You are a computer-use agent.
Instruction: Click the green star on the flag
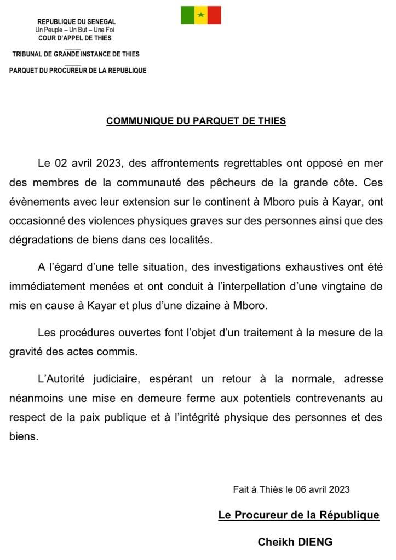[201, 15]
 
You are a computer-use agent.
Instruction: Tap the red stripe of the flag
[214, 15]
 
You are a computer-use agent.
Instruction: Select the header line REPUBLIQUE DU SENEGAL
[77, 22]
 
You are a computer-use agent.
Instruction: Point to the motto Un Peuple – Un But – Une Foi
[75, 30]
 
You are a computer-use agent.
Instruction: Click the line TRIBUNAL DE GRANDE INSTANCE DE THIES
[76, 54]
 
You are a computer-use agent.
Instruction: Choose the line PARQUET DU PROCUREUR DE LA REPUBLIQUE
[78, 71]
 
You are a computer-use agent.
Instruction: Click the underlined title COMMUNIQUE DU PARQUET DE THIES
[196, 121]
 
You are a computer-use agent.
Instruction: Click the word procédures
[88, 332]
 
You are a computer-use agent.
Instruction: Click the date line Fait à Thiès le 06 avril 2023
[291, 489]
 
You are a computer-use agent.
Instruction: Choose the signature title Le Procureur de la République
[299, 515]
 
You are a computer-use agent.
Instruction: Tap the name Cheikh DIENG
[295, 542]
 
